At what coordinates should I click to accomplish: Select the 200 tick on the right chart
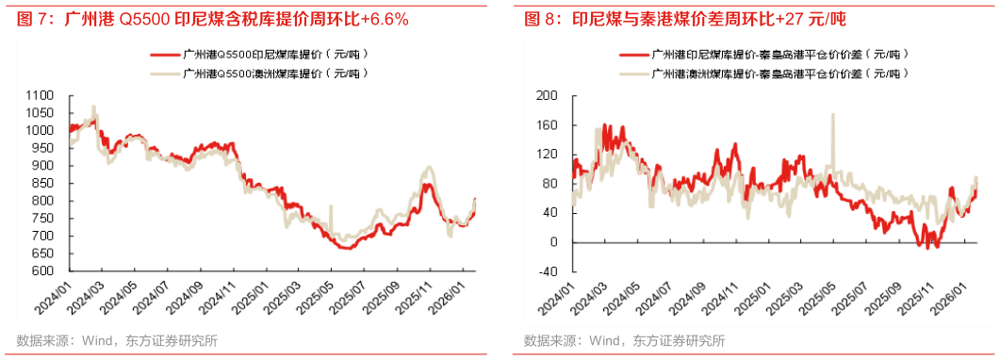click(x=549, y=95)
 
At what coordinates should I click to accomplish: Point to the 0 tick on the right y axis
click(x=554, y=242)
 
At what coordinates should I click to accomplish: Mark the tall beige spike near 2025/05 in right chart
click(x=832, y=117)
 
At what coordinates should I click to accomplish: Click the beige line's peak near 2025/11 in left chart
click(x=428, y=168)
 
